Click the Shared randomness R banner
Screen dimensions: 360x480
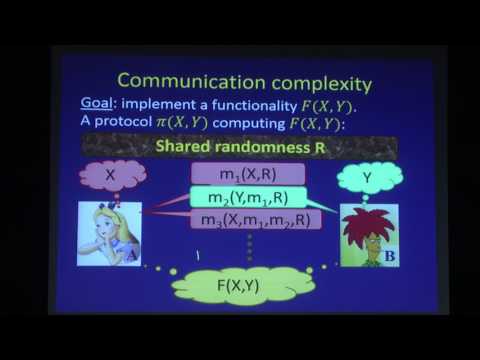pos(239,146)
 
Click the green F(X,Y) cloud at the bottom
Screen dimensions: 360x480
pos(241,285)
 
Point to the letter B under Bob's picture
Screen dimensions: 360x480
pos(390,258)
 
